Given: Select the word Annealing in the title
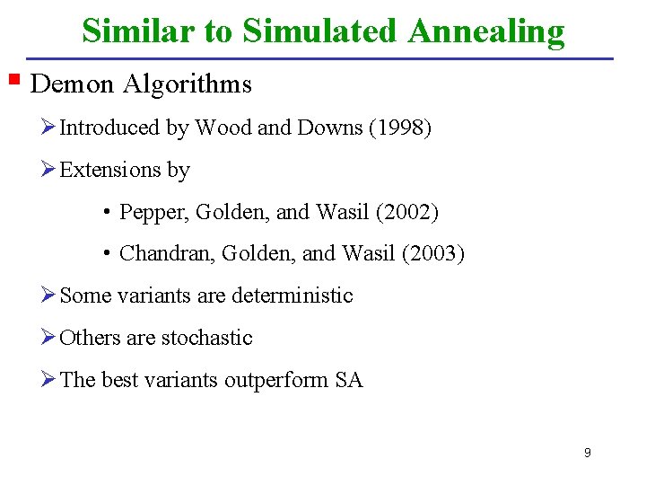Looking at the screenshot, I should tap(485, 31).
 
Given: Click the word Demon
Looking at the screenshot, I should tap(72, 84).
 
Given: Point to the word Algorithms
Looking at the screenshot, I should tap(188, 84).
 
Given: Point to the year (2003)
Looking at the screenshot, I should tap(434, 255).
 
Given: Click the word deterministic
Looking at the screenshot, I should tap(292, 295).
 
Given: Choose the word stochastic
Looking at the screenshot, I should tap(207, 338).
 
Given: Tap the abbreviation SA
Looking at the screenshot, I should tap(349, 381).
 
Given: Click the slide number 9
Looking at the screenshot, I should tap(587, 453).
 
